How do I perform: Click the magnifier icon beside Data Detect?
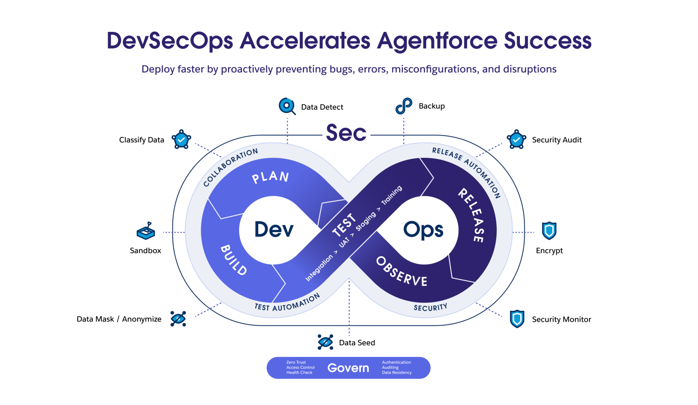tap(287, 106)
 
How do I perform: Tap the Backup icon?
tap(404, 106)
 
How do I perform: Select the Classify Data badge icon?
tap(181, 140)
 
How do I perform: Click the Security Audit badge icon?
tap(516, 140)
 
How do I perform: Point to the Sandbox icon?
tap(146, 231)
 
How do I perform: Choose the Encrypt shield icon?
tap(549, 231)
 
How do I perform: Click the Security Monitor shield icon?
tap(517, 319)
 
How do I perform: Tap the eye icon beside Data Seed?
tap(325, 342)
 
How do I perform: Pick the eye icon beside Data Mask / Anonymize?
tap(178, 319)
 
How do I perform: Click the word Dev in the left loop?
tap(274, 229)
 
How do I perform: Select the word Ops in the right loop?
tap(423, 230)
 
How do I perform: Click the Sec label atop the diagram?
tap(346, 133)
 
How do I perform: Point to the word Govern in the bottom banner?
tap(348, 368)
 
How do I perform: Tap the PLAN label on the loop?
tap(271, 177)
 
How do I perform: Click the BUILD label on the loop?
tap(234, 260)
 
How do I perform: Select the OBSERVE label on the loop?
tap(402, 272)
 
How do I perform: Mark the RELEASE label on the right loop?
tap(472, 215)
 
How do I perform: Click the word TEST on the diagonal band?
tap(344, 225)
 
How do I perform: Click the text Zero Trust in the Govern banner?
tap(296, 362)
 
